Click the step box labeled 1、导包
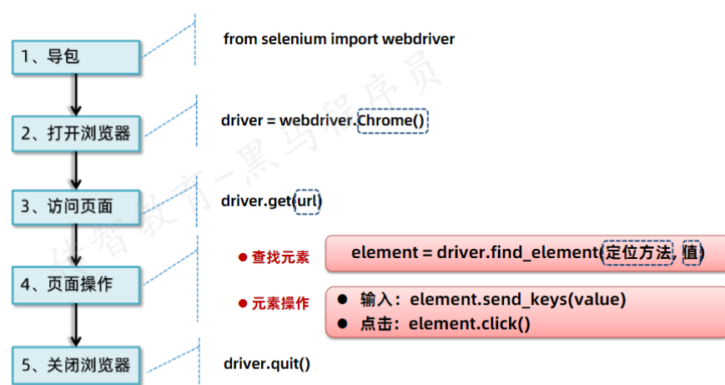click(x=75, y=57)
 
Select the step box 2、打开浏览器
click(x=75, y=131)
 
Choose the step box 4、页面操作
click(x=75, y=284)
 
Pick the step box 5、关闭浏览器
click(x=75, y=364)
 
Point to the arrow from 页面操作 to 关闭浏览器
click(x=76, y=325)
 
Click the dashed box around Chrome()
click(x=392, y=120)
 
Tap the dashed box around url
click(x=308, y=201)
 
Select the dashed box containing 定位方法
click(x=638, y=252)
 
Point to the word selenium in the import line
click(x=293, y=39)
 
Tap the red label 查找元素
click(x=280, y=258)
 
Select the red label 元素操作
click(x=280, y=303)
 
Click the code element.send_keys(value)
click(x=517, y=300)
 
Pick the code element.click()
click(x=469, y=323)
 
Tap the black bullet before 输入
click(x=342, y=300)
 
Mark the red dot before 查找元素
click(x=243, y=257)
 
